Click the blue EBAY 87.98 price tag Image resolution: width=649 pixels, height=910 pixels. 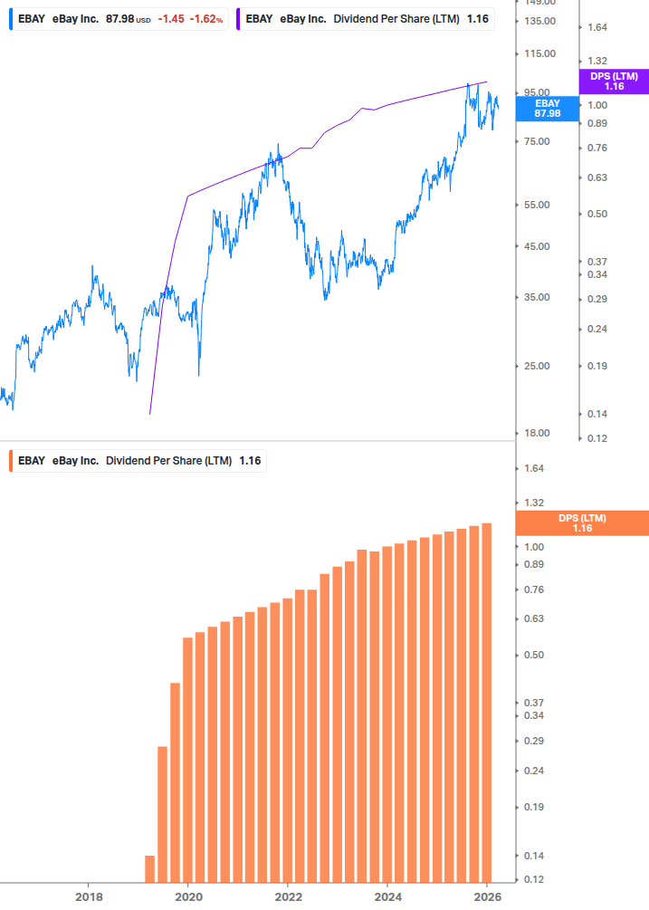coord(547,109)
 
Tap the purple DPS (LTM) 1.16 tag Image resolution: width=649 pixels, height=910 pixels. coord(614,81)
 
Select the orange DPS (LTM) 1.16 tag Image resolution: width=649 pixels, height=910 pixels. coord(582,523)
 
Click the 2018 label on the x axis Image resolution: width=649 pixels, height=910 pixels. coord(88,896)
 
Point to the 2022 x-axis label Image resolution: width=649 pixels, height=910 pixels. coord(287,896)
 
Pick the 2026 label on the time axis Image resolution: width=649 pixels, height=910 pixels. coord(486,896)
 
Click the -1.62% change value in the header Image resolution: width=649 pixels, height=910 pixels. coord(206,19)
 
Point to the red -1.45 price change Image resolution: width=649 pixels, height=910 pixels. coord(172,19)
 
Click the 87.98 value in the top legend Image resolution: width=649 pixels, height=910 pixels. coord(119,19)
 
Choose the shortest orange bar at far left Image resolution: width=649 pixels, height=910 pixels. coord(150,868)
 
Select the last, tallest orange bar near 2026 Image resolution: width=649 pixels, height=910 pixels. coord(487,702)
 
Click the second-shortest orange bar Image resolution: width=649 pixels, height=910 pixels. coord(163,814)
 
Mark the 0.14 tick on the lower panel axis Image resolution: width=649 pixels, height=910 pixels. coord(532,856)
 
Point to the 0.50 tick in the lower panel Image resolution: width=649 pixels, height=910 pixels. coord(532,655)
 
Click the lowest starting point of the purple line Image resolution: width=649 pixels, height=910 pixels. coord(150,414)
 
